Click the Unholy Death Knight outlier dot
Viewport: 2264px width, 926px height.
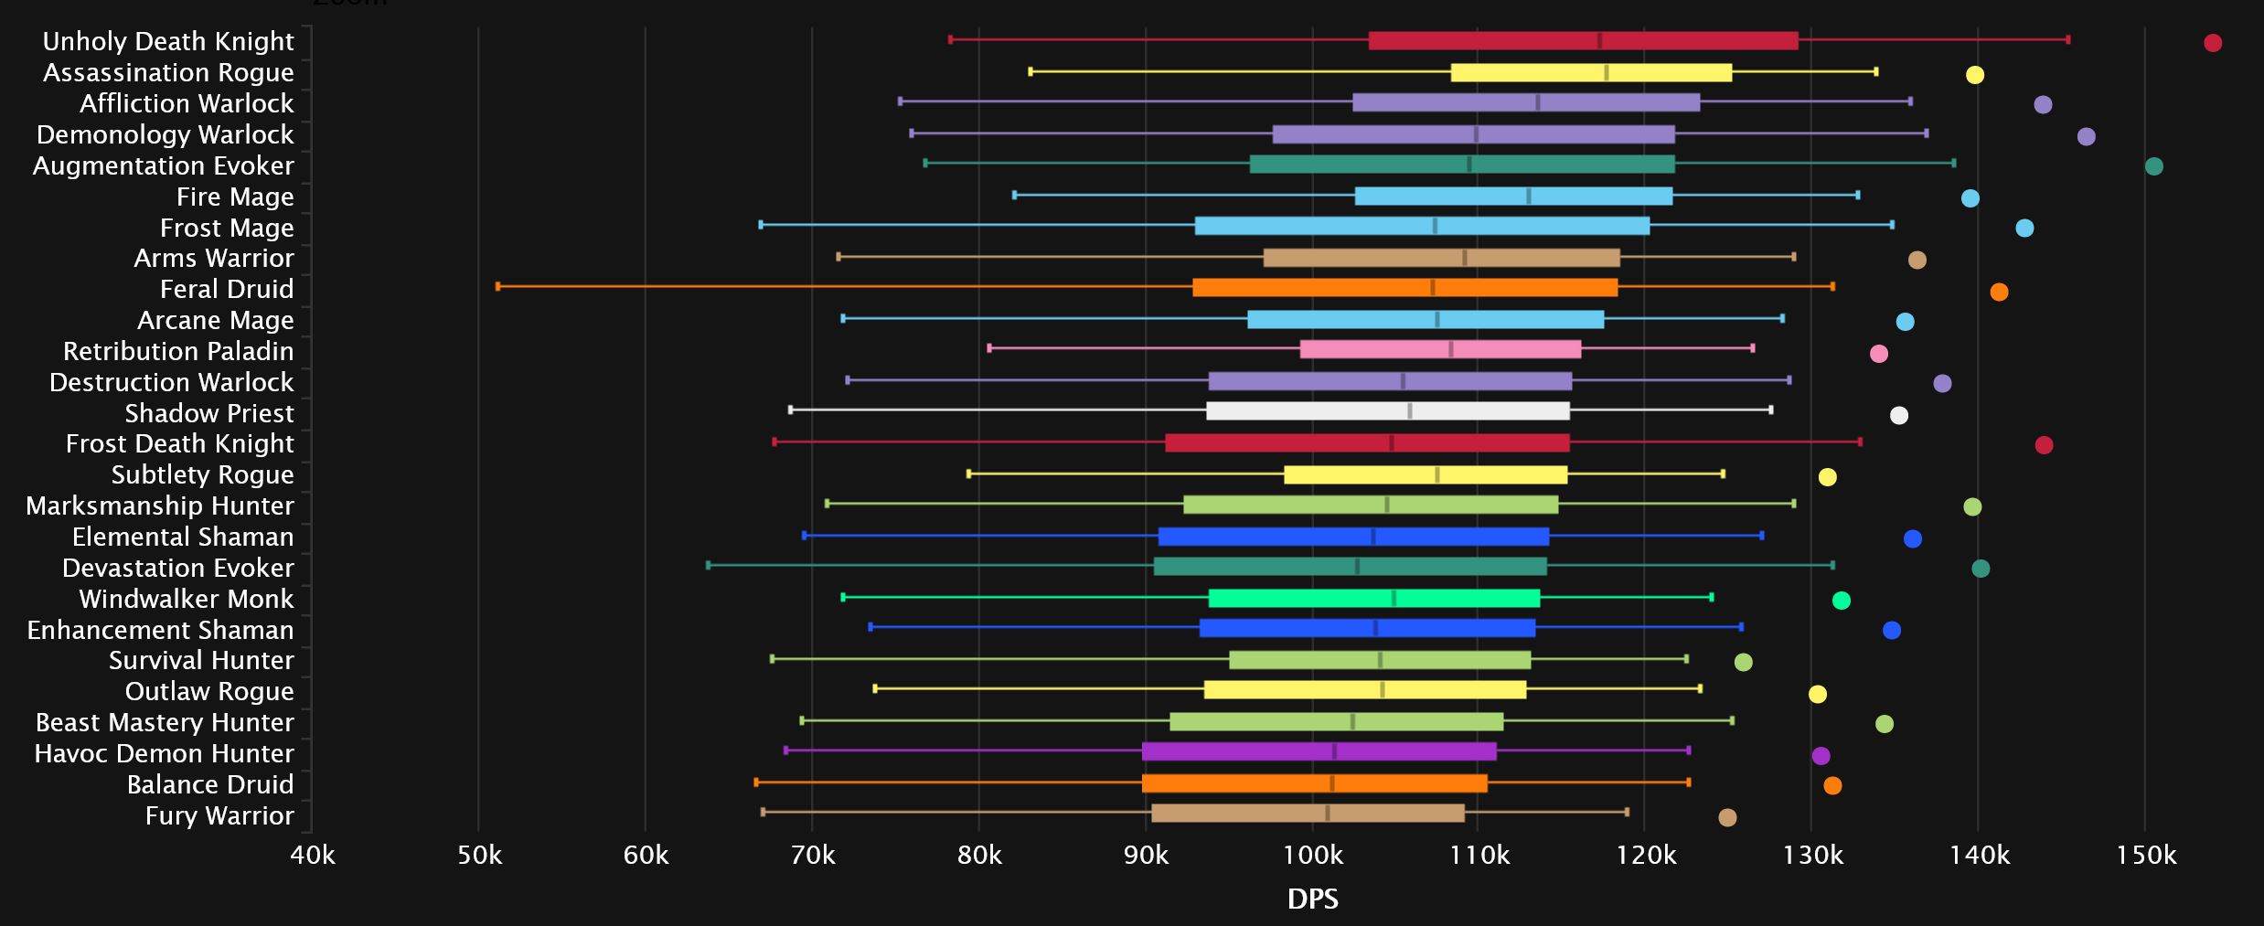[x=2213, y=43]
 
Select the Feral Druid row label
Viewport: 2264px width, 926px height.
[x=227, y=289]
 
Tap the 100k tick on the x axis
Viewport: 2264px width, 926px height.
[x=1313, y=856]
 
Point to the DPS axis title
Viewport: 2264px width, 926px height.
[x=1313, y=899]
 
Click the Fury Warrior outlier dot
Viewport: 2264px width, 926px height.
[x=1727, y=817]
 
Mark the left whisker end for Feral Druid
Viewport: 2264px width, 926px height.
[x=497, y=287]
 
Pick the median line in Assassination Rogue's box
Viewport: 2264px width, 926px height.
[x=1607, y=73]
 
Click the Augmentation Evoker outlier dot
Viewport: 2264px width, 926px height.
[x=2154, y=166]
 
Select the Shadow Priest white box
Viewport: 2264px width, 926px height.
[x=1388, y=411]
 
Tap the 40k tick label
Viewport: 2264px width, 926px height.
[x=312, y=856]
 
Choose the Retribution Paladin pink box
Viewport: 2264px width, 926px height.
[x=1440, y=349]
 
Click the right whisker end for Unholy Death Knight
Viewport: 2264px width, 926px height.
[x=2068, y=39]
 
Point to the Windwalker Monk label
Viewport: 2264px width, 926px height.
[x=187, y=599]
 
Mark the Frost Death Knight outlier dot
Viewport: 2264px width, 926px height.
[x=2045, y=445]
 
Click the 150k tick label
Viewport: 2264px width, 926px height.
[x=2146, y=856]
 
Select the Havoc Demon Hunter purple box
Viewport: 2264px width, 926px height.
[x=1319, y=751]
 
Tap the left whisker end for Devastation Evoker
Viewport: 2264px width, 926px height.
[x=708, y=565]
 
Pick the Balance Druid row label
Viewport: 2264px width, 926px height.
[x=210, y=784]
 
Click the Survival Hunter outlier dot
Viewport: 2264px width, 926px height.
[x=1744, y=662]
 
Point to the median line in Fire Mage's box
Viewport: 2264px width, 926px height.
[x=1529, y=196]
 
